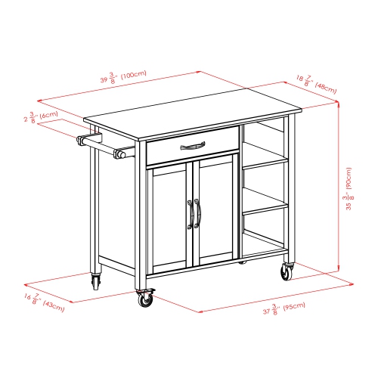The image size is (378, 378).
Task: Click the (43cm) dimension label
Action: pyautogui.click(x=52, y=304)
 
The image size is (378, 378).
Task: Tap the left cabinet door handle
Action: pyautogui.click(x=188, y=215)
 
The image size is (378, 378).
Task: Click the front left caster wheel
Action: pyautogui.click(x=144, y=299)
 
